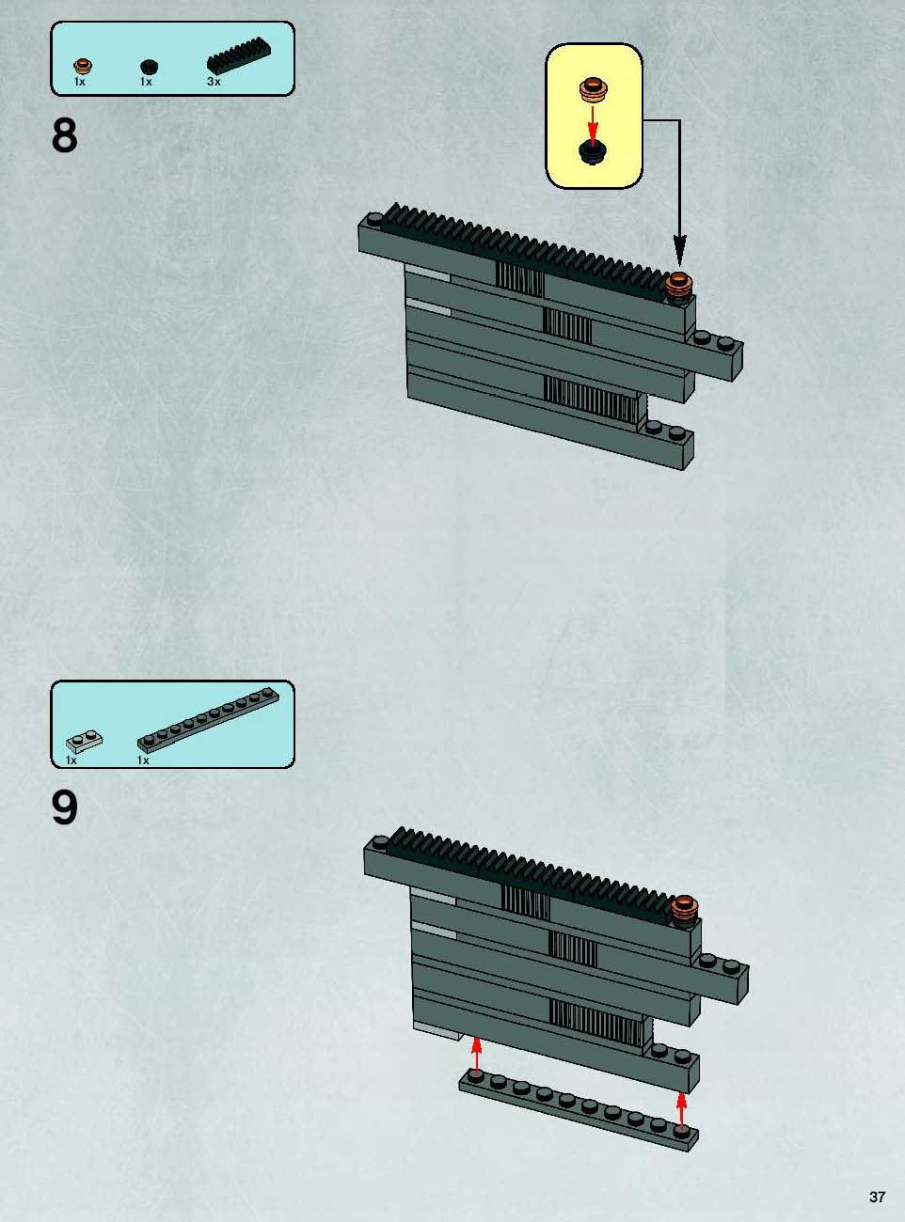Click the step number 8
[65, 136]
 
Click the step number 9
[65, 807]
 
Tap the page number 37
[877, 1192]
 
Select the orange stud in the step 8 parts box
[83, 66]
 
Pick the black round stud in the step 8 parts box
[149, 68]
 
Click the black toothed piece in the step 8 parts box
[239, 55]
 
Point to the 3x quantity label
[214, 82]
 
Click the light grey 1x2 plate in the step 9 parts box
[85, 741]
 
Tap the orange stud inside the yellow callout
[593, 89]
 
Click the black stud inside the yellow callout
[593, 151]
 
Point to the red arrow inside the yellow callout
[593, 121]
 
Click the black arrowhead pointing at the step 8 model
[679, 251]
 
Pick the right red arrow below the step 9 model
[682, 1109]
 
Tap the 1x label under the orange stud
[80, 82]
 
